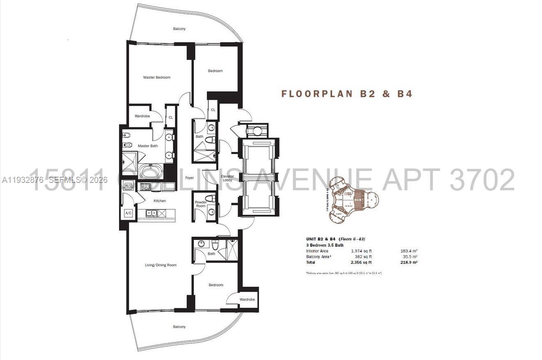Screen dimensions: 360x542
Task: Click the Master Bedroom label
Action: pyautogui.click(x=156, y=77)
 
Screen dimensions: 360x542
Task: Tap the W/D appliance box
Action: pyautogui.click(x=128, y=186)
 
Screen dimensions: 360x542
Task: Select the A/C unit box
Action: pyautogui.click(x=128, y=213)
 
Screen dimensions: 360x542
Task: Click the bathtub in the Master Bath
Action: pyautogui.click(x=151, y=171)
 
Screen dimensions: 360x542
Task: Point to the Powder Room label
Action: pyautogui.click(x=200, y=203)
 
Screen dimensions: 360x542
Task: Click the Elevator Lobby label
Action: pyautogui.click(x=228, y=178)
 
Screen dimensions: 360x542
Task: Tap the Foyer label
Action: pyautogui.click(x=189, y=178)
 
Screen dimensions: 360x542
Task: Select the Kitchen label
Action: pyautogui.click(x=160, y=201)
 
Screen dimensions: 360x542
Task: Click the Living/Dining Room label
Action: pyautogui.click(x=161, y=265)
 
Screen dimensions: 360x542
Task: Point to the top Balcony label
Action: pyautogui.click(x=179, y=29)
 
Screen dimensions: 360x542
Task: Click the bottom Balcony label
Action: pyautogui.click(x=179, y=327)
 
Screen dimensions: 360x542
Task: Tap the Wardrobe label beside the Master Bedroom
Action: pyautogui.click(x=142, y=116)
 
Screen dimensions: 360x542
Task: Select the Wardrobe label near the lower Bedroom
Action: pyautogui.click(x=247, y=299)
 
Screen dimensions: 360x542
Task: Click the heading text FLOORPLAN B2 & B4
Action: pyautogui.click(x=347, y=94)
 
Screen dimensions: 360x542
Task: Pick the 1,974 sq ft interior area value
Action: pyautogui.click(x=361, y=251)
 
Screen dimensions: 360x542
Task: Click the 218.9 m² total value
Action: pyautogui.click(x=409, y=262)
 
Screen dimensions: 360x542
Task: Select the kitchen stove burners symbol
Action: pyautogui.click(x=146, y=187)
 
